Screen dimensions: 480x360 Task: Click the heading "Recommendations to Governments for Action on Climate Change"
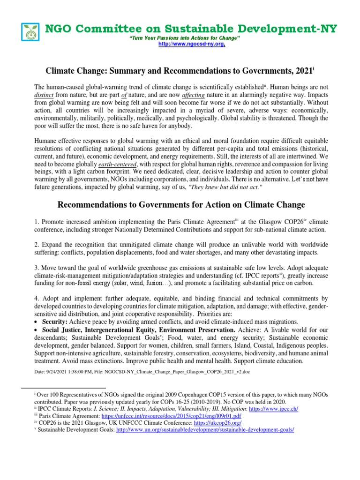point(181,205)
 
